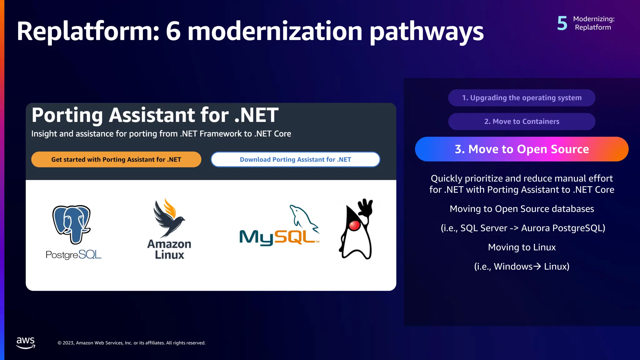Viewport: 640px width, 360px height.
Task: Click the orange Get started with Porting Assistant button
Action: coord(116,159)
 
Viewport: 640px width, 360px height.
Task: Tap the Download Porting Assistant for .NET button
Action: coord(295,159)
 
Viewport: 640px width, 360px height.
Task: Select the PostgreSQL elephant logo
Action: coord(72,224)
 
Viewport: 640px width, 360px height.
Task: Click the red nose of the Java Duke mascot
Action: coord(354,226)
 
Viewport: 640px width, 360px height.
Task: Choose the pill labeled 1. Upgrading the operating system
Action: coord(522,98)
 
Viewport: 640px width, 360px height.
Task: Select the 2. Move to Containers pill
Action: coord(522,122)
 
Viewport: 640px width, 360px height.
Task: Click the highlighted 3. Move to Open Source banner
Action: coord(522,149)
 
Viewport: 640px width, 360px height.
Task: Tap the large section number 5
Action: coord(562,23)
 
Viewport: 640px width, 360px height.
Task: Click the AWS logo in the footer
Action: coord(26,342)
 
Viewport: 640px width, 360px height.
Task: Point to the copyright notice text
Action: coord(132,343)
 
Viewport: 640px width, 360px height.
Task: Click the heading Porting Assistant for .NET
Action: coord(155,115)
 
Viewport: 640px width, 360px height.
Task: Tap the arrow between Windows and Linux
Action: coord(537,266)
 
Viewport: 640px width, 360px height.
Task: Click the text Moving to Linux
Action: coord(522,247)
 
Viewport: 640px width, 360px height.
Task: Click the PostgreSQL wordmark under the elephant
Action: coord(73,255)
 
